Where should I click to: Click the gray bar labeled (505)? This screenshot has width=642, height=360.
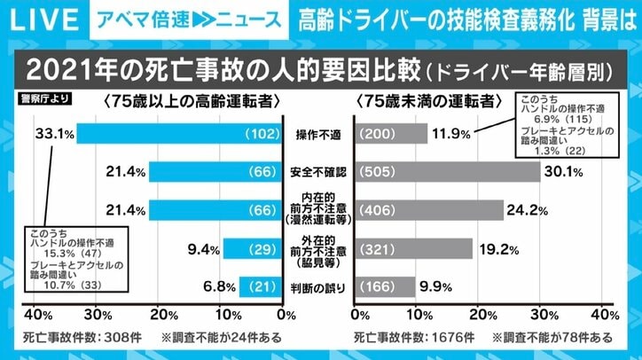pos(447,172)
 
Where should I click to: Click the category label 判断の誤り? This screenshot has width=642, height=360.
pos(319,286)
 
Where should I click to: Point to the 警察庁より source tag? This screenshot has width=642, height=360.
pos(37,99)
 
